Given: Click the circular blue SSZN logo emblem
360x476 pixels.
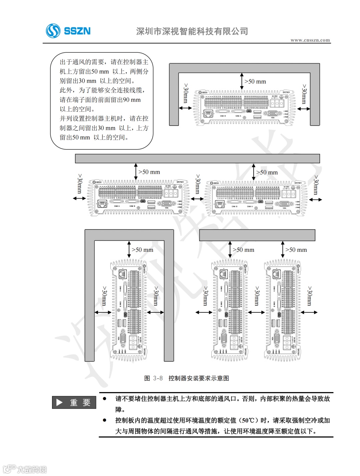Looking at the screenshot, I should tap(53, 31).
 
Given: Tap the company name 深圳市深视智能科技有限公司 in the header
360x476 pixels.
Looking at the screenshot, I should tap(192, 31).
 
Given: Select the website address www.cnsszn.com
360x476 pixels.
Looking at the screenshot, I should tap(310, 40).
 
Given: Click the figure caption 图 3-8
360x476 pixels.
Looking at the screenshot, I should tap(153, 378).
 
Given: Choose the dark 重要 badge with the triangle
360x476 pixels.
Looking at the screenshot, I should tap(74, 402).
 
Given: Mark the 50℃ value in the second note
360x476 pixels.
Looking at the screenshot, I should tap(249, 420).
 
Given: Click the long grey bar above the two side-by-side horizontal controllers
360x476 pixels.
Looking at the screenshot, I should tap(197, 159).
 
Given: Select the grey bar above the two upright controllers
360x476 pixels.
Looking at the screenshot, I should tap(257, 235).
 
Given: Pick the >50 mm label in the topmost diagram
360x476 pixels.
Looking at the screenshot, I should tap(255, 82).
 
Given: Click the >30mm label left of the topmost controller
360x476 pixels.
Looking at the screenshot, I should tap(186, 93).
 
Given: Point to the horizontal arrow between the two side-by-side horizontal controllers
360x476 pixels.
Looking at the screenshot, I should tap(197, 199).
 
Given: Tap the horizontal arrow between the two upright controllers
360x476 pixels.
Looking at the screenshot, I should tap(256, 312).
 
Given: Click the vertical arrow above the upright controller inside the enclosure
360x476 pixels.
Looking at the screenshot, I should tap(129, 249).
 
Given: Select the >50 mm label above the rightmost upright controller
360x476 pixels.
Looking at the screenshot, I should tap(296, 250).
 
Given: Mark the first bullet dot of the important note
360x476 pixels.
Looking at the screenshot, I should tap(105, 398).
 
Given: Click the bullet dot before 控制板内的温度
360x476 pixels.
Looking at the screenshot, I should tap(105, 420).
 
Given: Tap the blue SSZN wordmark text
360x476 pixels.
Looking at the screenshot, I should tap(77, 31).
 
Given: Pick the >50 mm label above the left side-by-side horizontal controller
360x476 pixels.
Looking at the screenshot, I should tap(149, 172).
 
